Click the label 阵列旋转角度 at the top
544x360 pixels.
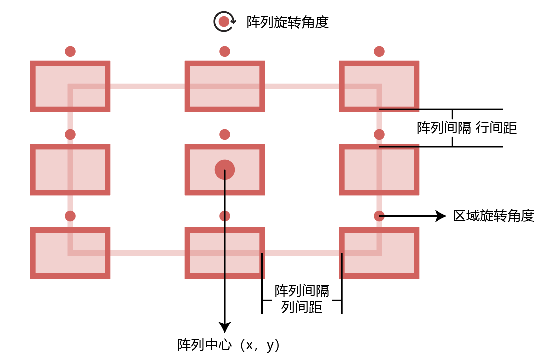[288, 22]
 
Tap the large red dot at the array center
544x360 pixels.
[225, 170]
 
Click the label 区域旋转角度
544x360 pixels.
[494, 216]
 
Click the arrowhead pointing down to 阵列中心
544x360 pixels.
[225, 327]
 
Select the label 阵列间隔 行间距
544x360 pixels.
[467, 128]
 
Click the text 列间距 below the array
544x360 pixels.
[302, 307]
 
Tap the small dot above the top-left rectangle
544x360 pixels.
[70, 51]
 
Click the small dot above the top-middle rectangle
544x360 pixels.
[225, 51]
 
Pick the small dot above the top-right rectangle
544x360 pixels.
[379, 51]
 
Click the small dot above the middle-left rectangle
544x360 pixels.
[70, 134]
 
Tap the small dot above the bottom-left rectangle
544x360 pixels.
[70, 216]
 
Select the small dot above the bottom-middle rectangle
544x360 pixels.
[225, 216]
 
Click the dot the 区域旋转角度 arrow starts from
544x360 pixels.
[379, 216]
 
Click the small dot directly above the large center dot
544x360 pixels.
[225, 134]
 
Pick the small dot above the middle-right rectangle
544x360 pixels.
[379, 134]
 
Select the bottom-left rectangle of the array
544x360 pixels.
[70, 253]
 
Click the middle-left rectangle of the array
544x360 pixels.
[70, 170]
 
